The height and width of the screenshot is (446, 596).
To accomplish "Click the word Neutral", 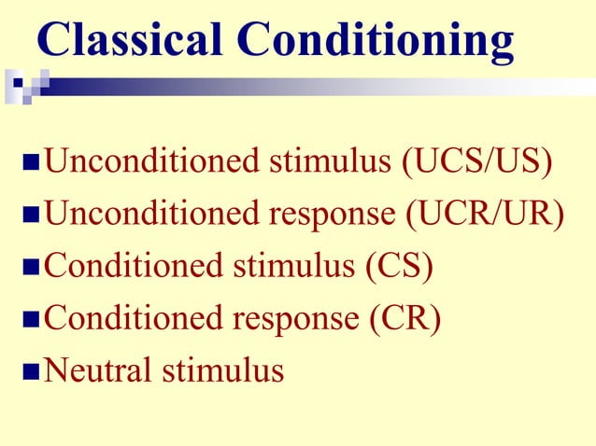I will pyautogui.click(x=100, y=370).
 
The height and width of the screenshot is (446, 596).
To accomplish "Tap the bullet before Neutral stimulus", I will pyautogui.click(x=31, y=372).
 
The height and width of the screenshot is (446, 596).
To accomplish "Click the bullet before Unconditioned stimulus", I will pyautogui.click(x=31, y=165).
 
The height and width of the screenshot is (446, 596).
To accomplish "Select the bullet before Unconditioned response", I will pyautogui.click(x=31, y=216).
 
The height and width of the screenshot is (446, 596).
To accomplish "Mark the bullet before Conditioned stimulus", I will pyautogui.click(x=31, y=269).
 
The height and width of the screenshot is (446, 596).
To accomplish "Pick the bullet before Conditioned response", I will pyautogui.click(x=31, y=320).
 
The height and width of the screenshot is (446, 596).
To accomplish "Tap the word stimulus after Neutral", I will pyautogui.click(x=223, y=370).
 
